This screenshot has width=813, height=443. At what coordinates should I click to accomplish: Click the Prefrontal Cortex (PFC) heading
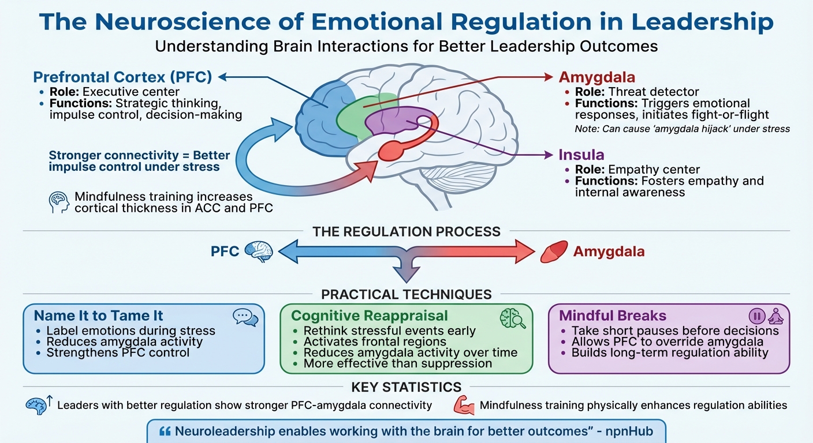(x=123, y=77)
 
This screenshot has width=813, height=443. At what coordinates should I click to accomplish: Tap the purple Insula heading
(x=581, y=155)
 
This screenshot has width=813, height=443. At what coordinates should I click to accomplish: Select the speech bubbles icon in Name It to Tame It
(x=245, y=317)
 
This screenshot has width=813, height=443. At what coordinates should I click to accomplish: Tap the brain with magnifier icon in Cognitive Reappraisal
(x=512, y=318)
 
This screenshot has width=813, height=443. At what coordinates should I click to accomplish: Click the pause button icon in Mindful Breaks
(x=756, y=316)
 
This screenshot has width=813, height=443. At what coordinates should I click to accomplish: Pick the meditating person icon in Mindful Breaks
(x=775, y=316)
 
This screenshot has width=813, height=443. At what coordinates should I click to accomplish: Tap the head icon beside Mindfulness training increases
(x=59, y=202)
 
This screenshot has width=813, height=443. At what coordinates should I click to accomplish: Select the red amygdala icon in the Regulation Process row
(x=553, y=252)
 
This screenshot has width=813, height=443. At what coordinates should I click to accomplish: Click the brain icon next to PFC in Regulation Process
(x=258, y=251)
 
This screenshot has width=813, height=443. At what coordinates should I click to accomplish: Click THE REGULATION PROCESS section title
(x=406, y=232)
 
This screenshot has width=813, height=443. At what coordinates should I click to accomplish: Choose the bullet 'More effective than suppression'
(x=397, y=363)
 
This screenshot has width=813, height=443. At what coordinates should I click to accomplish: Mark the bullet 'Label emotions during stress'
(x=130, y=331)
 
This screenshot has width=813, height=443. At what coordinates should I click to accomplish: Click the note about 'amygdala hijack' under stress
(x=682, y=129)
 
